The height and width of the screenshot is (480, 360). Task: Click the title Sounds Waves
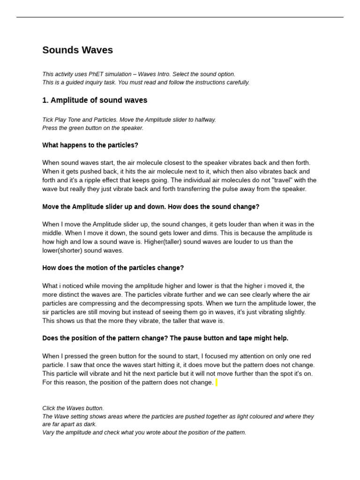(x=77, y=50)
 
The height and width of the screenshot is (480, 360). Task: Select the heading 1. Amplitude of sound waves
(x=95, y=100)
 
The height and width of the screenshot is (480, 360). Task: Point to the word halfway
(x=205, y=120)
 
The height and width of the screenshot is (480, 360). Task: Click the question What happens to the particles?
(x=90, y=145)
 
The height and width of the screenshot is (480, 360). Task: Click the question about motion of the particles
(x=113, y=268)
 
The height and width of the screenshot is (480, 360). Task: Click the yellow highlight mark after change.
(x=216, y=382)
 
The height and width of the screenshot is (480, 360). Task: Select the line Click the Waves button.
(x=73, y=408)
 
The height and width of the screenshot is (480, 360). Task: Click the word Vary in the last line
(x=48, y=433)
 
